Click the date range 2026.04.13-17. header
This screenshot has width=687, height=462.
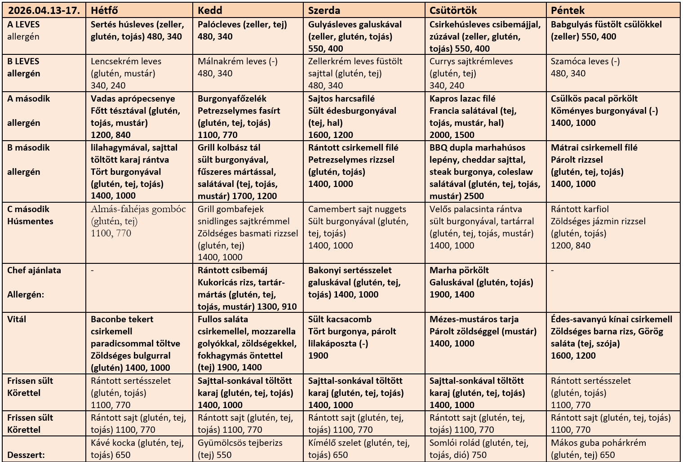[44, 10]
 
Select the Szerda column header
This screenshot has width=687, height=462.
[324, 10]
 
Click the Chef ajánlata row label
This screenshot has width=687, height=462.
[34, 271]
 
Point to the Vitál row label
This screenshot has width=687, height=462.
[17, 320]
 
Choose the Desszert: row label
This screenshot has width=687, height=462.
[26, 455]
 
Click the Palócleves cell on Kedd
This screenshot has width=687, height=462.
[243, 31]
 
